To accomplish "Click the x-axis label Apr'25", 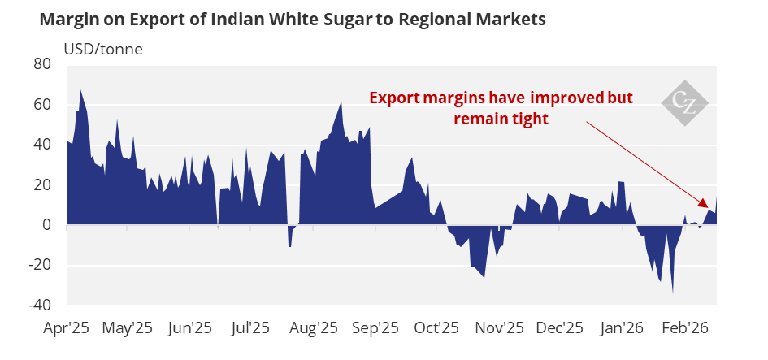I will click(67, 328).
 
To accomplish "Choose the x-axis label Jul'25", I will click(250, 328).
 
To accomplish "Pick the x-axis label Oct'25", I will click(437, 328).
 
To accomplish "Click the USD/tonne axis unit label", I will click(108, 49).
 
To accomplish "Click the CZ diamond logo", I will click(684, 102).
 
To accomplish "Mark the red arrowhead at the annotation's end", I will click(704, 204).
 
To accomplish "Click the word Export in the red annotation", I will click(391, 98).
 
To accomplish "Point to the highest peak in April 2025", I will click(80, 91).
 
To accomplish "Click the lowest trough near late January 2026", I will click(673, 291).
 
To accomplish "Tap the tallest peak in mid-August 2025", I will click(341, 102).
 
